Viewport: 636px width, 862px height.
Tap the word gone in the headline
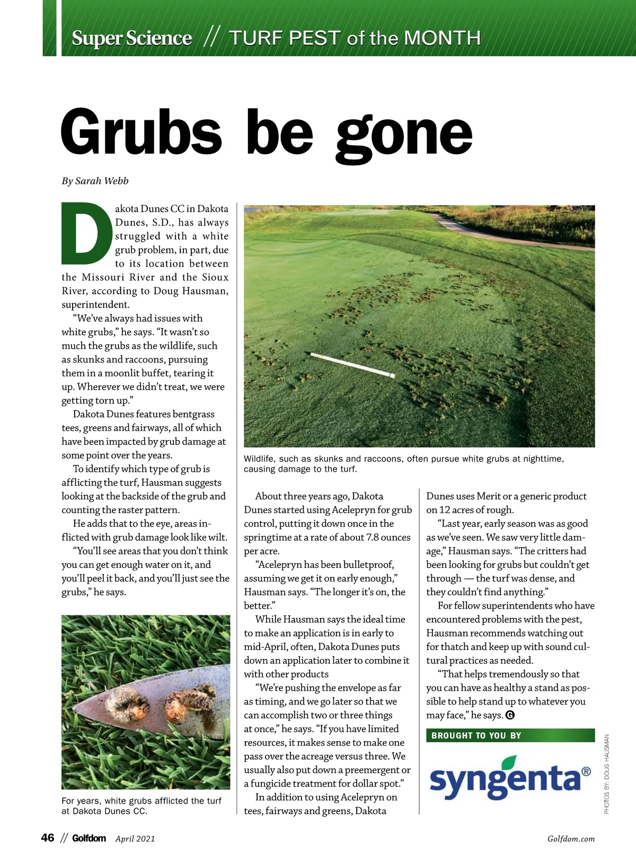point(404,134)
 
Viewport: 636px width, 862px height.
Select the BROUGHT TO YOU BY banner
point(510,735)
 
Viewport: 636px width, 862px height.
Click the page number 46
point(48,838)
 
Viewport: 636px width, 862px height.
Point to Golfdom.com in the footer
point(571,839)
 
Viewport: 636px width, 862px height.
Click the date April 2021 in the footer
point(135,839)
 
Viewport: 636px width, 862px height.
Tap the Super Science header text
point(131,38)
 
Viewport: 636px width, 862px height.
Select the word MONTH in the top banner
point(442,38)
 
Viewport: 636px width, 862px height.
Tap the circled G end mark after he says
point(510,715)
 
